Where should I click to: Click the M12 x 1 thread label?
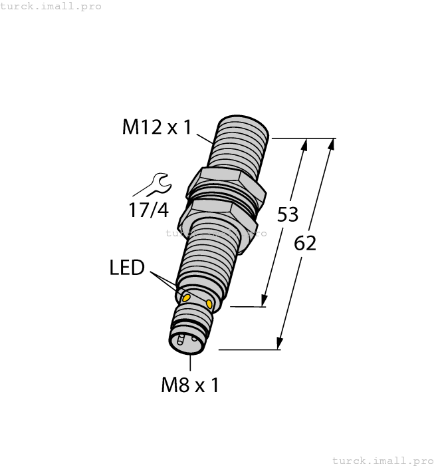click(156, 126)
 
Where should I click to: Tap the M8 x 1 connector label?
click(190, 385)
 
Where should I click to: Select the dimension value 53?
click(287, 215)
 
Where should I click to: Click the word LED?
click(127, 268)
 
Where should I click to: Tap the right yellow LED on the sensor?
click(210, 304)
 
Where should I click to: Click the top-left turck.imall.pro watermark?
click(51, 6)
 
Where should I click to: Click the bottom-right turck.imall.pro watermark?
click(382, 460)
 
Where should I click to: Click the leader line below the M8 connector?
click(190, 363)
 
